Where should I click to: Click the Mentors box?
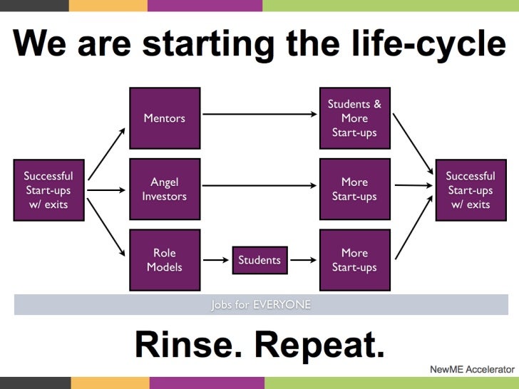click(165, 118)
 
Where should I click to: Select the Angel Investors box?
click(165, 190)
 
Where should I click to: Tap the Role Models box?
click(165, 260)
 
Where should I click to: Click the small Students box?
click(259, 260)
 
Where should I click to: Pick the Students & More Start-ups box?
click(354, 118)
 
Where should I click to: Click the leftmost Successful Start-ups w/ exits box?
click(48, 190)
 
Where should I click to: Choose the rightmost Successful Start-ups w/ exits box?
click(471, 190)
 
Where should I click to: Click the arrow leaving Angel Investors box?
click(259, 186)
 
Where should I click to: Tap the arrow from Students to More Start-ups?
click(304, 260)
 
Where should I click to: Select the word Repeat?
click(319, 346)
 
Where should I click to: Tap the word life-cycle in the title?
click(427, 46)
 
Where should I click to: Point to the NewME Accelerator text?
click(472, 370)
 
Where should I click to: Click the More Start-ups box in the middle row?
click(354, 190)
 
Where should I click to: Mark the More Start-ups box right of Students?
click(354, 260)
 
